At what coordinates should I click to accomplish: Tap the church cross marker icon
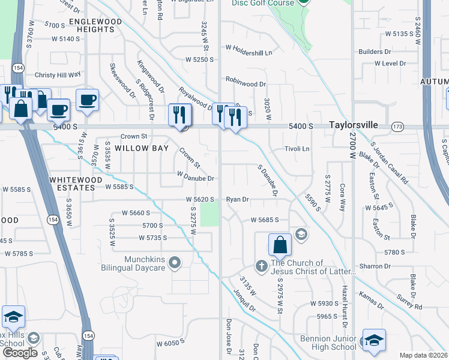[x=261, y=265]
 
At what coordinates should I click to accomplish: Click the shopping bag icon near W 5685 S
[x=280, y=245]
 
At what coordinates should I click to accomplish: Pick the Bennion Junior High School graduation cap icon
[x=374, y=340]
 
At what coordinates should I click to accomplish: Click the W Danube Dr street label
[x=195, y=178]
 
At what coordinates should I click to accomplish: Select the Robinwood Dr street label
[x=246, y=79]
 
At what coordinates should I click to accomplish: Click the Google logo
[x=20, y=353]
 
